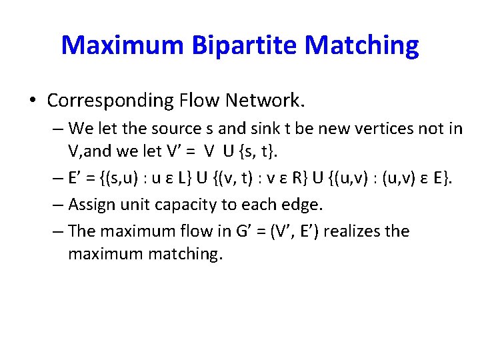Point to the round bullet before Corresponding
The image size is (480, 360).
33,101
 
